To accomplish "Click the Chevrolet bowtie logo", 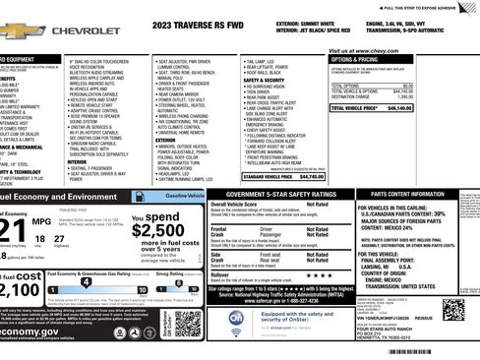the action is click(22, 30).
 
